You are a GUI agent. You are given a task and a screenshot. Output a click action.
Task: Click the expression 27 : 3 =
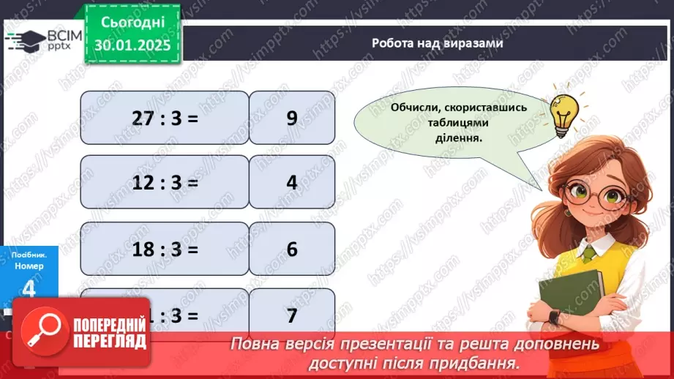[165, 118]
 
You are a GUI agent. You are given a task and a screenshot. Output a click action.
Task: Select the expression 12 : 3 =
[165, 182]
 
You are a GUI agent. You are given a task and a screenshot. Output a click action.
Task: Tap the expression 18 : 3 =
[165, 249]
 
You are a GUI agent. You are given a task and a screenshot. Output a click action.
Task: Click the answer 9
[292, 118]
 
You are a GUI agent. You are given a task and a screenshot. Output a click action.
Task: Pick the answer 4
[292, 182]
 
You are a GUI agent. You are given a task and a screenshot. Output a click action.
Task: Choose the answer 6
[292, 249]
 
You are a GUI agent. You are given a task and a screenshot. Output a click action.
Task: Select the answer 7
[292, 315]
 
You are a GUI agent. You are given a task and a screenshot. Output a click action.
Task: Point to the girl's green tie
[588, 253]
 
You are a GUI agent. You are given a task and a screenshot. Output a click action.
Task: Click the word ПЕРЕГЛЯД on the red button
[108, 342]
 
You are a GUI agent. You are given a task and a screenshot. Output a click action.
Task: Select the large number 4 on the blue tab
[28, 290]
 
